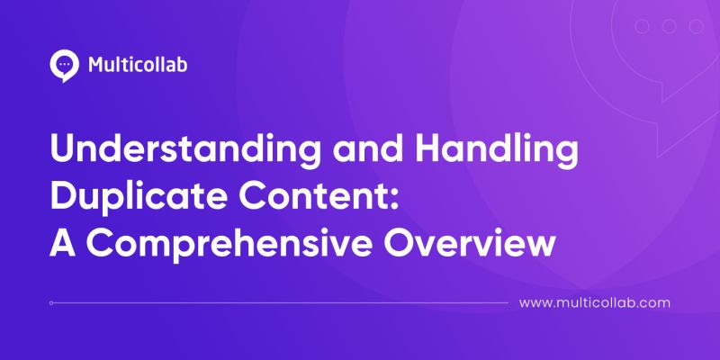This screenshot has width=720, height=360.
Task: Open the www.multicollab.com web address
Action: tap(596, 303)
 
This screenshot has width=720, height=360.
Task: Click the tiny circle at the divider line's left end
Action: tap(52, 303)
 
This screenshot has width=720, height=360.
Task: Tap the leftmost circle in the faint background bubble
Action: tap(642, 26)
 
